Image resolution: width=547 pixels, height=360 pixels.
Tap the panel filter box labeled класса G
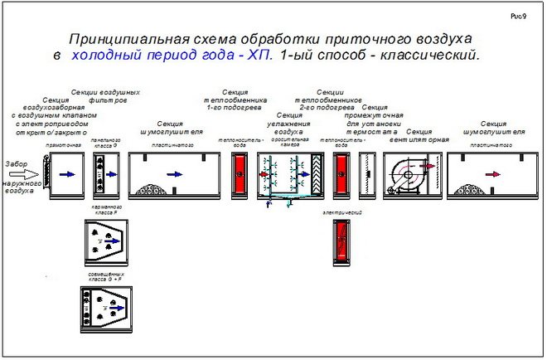102,173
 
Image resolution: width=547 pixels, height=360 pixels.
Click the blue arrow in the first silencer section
174,174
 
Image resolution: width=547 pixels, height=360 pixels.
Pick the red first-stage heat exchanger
241,174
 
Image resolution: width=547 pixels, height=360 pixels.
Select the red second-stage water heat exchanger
340,174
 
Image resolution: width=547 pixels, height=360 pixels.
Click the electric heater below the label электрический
340,241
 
